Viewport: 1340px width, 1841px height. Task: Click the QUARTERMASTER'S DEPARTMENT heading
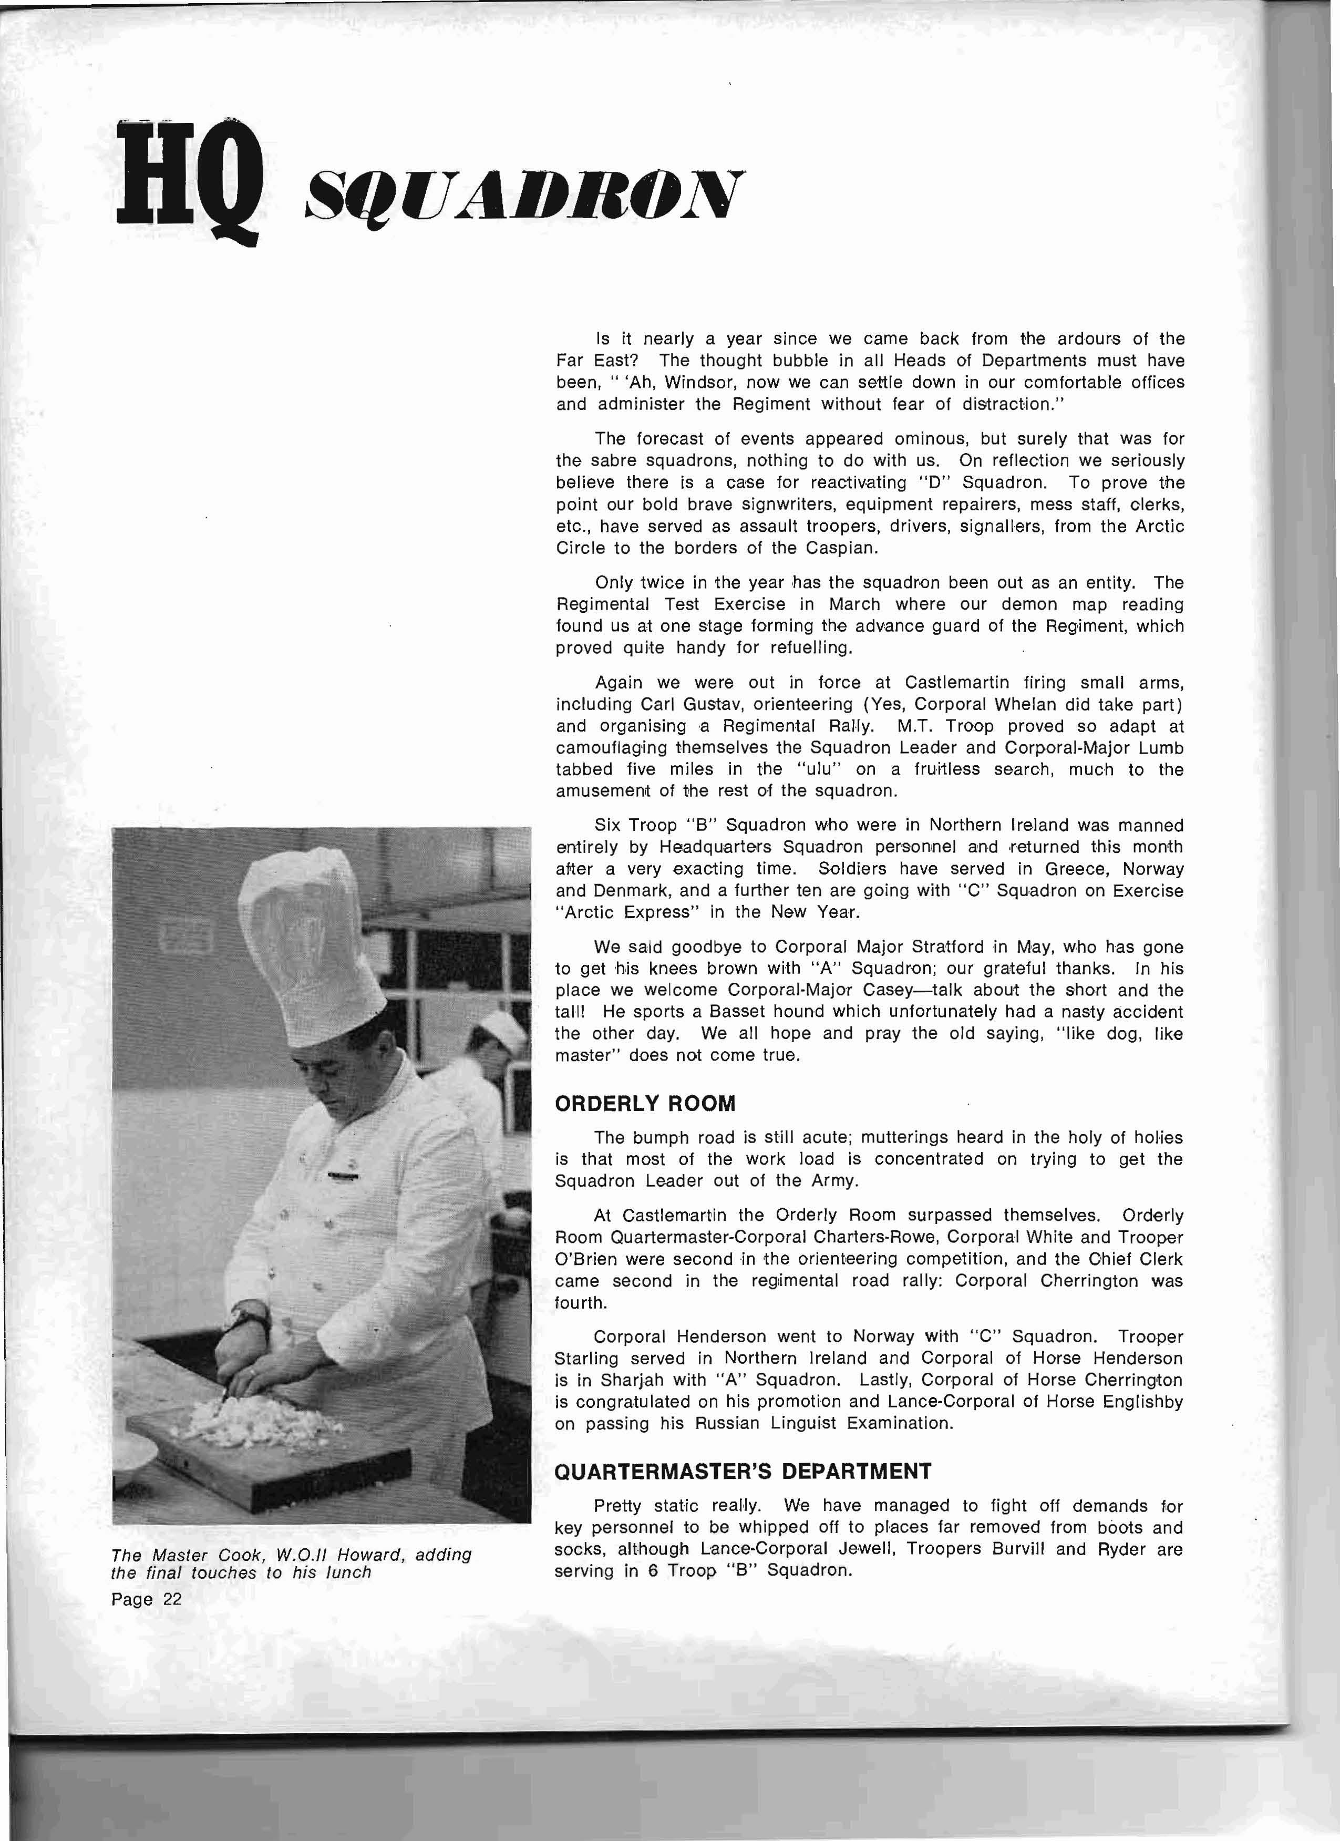(743, 1472)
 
